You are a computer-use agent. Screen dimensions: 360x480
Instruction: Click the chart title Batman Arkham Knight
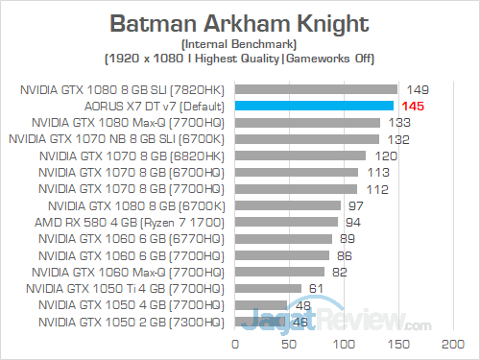[240, 21]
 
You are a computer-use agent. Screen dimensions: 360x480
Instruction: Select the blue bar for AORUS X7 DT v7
[314, 106]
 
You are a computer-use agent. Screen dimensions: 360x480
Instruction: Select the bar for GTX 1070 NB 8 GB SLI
[306, 138]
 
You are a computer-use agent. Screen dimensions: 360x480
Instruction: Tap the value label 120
[386, 156]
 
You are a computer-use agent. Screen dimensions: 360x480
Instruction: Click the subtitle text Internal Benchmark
[239, 43]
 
